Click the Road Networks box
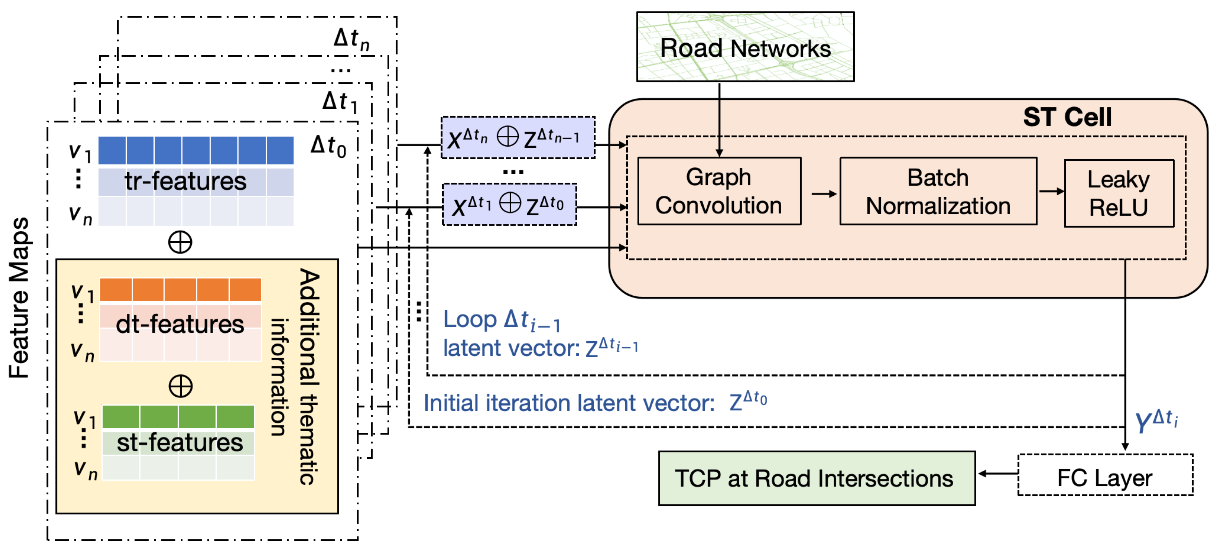click(x=745, y=47)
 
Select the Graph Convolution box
click(x=719, y=191)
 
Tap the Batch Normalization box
click(x=938, y=191)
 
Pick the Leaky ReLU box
click(x=1119, y=193)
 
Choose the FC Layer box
click(x=1105, y=475)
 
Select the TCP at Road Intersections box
click(x=817, y=478)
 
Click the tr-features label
click(x=185, y=181)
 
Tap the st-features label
click(x=180, y=443)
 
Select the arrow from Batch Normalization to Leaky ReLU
click(x=1052, y=191)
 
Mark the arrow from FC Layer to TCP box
click(x=998, y=473)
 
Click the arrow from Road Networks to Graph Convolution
click(x=719, y=119)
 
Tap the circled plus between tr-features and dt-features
click(x=180, y=243)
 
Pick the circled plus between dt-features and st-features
click(x=180, y=386)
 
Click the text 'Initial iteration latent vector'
click(x=569, y=403)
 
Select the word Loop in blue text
click(x=470, y=320)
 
